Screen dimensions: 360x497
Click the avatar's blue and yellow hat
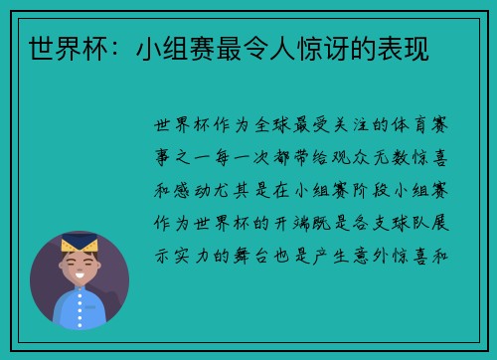[80, 242]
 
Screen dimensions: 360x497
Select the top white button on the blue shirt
[81, 303]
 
